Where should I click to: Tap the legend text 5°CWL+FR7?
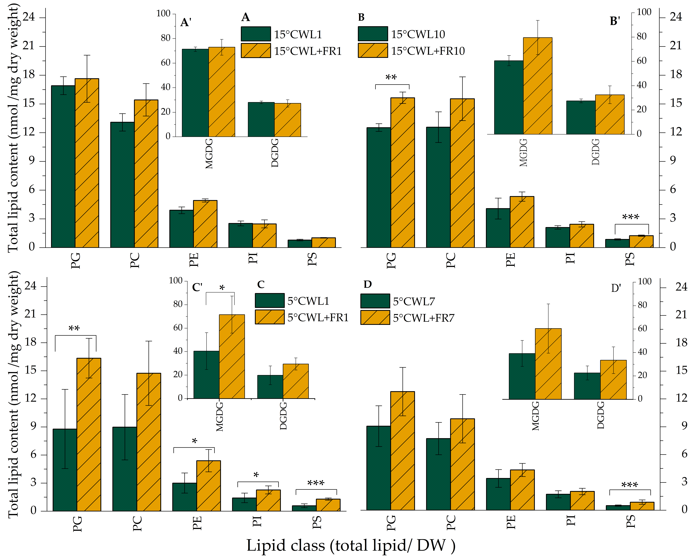pyautogui.click(x=423, y=318)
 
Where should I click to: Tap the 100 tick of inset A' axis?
pyautogui.click(x=163, y=14)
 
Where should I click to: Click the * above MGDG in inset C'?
pyautogui.click(x=222, y=288)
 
